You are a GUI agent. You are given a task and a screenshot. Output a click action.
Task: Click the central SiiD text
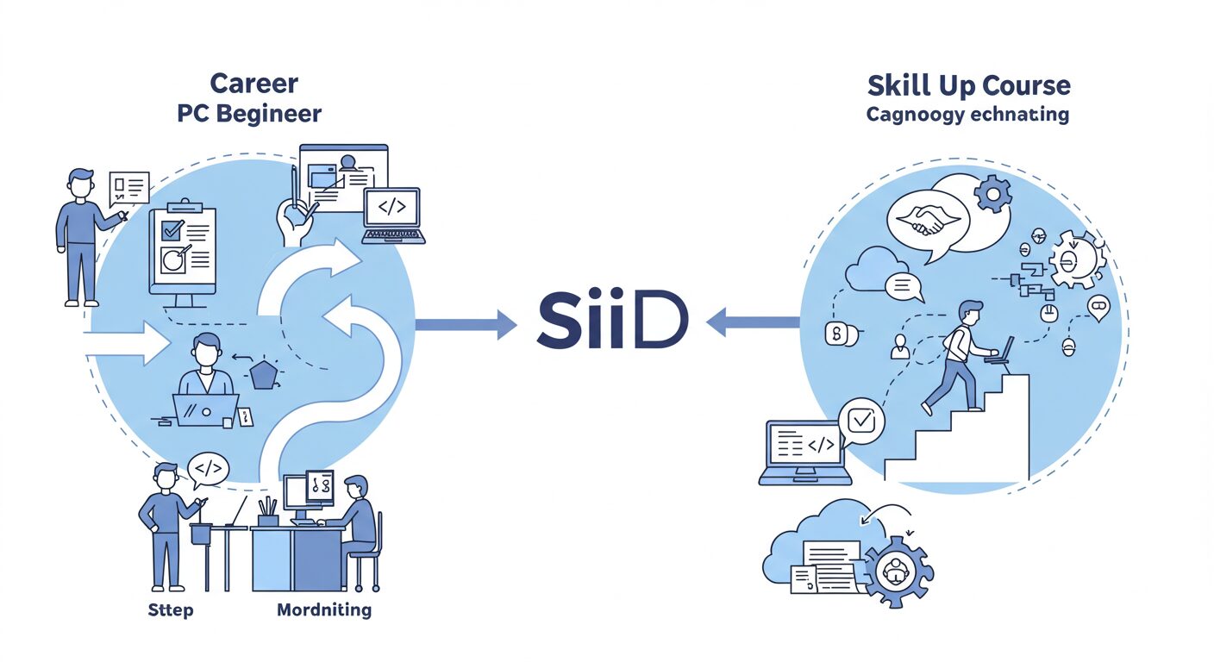pos(612,323)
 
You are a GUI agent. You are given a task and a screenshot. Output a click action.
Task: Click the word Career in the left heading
pos(253,84)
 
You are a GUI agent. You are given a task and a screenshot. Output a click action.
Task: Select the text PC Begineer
pos(249,113)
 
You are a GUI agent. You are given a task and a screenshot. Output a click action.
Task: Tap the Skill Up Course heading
pos(967,85)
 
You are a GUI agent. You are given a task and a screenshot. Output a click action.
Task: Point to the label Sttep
pos(171,610)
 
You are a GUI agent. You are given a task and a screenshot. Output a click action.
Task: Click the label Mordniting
pos(324,610)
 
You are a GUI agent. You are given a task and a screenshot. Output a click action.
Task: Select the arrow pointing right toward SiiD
pos(466,324)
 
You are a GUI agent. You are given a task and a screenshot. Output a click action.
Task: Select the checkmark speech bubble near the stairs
pos(860,422)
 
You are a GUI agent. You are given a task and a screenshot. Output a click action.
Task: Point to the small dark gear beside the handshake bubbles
pos(993,194)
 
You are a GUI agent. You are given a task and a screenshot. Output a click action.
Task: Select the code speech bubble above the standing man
pos(209,469)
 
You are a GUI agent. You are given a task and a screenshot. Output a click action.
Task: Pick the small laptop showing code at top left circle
pos(392,215)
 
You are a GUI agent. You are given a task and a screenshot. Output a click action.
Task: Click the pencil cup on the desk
pos(268,515)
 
